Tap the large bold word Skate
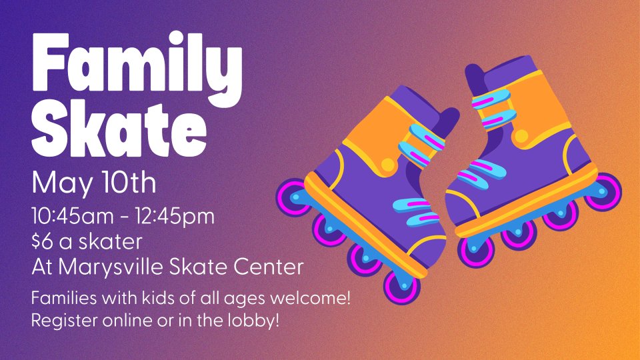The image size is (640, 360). (x=119, y=129)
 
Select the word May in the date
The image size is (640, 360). (x=62, y=184)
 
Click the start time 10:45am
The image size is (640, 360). (x=73, y=216)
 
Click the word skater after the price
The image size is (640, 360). (x=110, y=241)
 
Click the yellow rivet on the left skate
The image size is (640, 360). (x=387, y=164)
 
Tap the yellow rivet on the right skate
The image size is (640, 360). (x=521, y=136)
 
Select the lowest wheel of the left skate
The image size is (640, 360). (x=401, y=287)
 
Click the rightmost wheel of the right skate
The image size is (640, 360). (x=603, y=192)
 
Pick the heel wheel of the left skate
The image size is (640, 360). (x=293, y=197)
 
